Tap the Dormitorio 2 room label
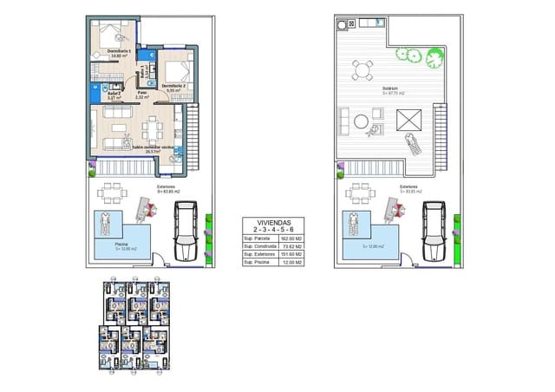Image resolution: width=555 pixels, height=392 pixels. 174,86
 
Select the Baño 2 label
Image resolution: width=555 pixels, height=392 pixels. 101,94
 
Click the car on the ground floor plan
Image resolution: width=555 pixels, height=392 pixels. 187,231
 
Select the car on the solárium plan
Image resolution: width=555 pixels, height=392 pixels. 434,231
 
